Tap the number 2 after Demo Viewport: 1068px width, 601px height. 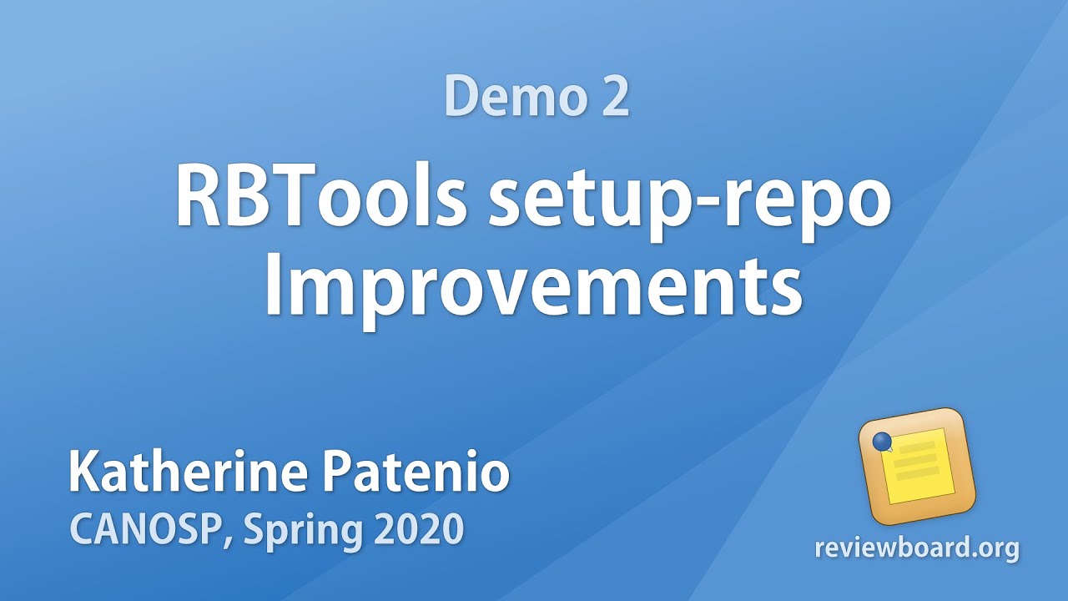coord(613,96)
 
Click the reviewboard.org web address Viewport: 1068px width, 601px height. coord(917,548)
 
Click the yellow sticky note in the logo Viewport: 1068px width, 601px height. coord(917,465)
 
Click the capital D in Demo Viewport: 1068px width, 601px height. coord(461,96)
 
